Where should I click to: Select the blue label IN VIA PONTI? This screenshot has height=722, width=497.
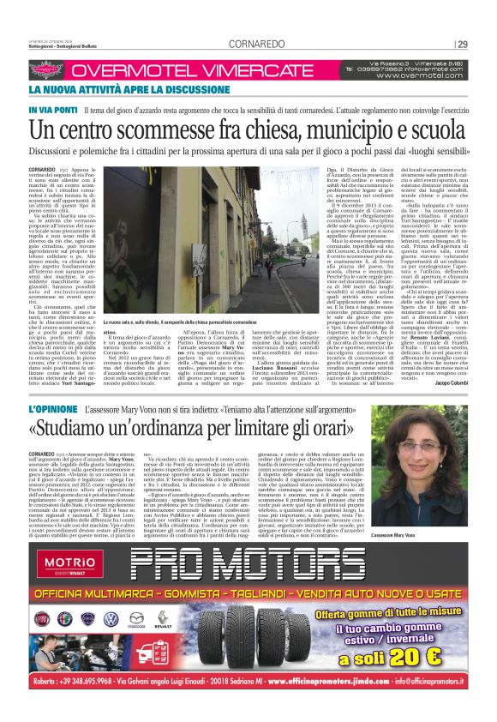[x=54, y=111]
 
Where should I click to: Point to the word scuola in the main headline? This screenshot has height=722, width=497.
[x=442, y=132]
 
